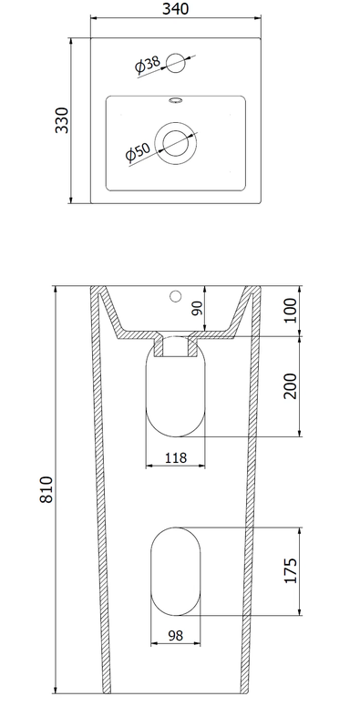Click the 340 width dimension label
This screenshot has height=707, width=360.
(x=176, y=8)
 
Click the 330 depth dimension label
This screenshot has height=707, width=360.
(x=62, y=120)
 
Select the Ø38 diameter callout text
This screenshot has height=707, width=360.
(x=147, y=65)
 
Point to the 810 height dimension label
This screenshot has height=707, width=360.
(x=46, y=489)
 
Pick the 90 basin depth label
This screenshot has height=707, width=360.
(x=198, y=309)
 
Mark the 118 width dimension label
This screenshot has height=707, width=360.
(x=176, y=458)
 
